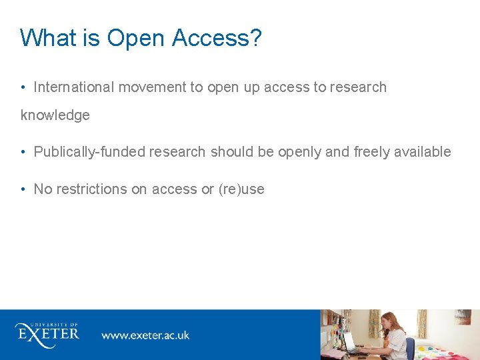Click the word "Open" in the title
tap(136, 38)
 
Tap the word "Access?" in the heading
tap(217, 38)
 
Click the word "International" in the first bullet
tap(74, 87)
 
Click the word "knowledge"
tap(55, 115)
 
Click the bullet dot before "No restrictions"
tap(23, 189)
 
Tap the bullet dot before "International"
tap(23, 87)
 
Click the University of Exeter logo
tap(47, 331)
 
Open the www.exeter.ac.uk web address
tap(145, 335)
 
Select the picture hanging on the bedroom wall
tap(463, 317)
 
